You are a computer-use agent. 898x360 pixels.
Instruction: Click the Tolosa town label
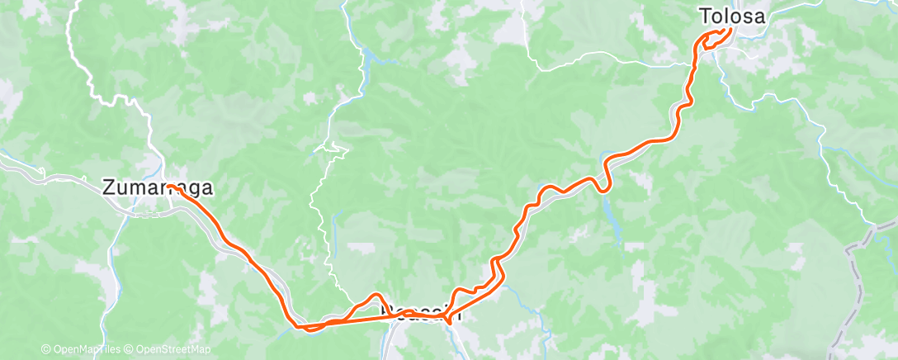tap(732, 16)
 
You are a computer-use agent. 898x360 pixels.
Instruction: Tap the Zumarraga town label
tap(158, 187)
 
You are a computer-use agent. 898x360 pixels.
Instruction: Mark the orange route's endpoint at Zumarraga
tap(173, 189)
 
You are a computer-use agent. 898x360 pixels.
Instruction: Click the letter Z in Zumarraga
tap(109, 187)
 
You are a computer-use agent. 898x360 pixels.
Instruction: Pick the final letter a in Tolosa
tap(759, 16)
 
